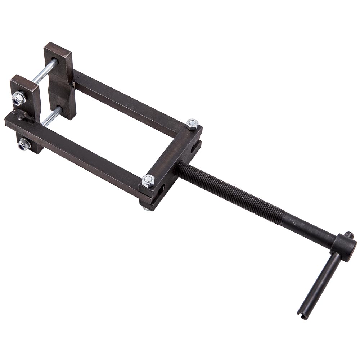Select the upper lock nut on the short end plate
(18, 98)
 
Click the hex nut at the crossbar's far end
(192, 124)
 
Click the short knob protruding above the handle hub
(348, 235)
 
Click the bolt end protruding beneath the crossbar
(146, 208)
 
